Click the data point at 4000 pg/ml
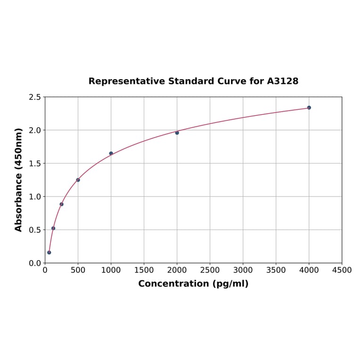click(309, 107)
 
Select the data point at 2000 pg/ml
click(177, 132)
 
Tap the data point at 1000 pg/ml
click(111, 153)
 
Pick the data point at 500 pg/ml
click(78, 180)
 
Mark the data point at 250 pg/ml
click(62, 204)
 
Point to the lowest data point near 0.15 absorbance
click(49, 252)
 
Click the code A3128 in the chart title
click(283, 81)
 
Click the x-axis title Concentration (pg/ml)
click(193, 284)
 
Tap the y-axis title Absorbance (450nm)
click(19, 180)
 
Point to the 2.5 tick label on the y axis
click(35, 97)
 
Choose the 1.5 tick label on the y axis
click(35, 164)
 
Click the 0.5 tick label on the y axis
click(35, 230)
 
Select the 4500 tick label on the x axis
click(342, 270)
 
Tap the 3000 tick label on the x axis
click(243, 270)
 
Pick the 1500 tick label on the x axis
click(144, 270)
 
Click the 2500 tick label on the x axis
click(210, 270)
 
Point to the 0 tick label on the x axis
click(45, 270)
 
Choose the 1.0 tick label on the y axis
click(35, 196)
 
